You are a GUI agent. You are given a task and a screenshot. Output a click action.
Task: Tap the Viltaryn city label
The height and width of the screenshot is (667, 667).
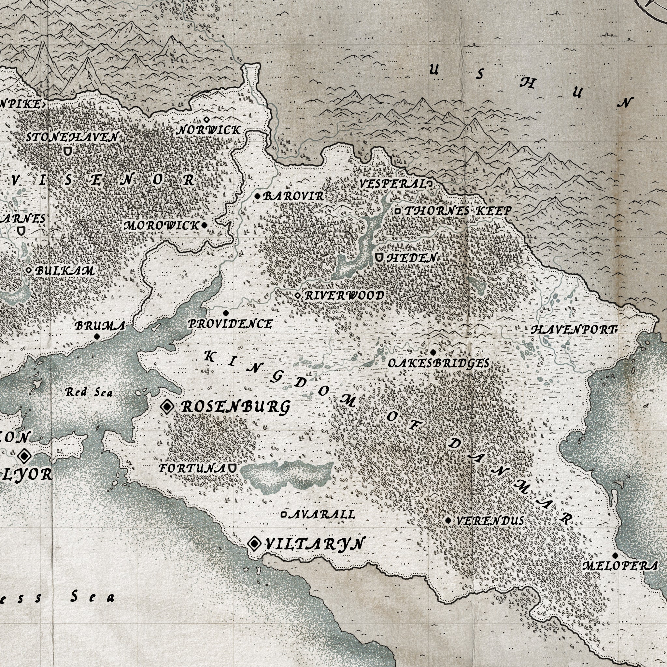(315, 544)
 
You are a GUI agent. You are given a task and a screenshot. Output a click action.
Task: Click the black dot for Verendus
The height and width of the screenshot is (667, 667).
(448, 520)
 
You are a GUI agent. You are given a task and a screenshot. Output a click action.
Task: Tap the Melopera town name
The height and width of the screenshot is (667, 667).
(620, 566)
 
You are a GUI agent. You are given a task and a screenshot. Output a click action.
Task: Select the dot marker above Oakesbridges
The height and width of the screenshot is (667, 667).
(433, 352)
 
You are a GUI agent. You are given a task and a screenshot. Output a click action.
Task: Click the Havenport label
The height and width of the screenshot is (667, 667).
(574, 330)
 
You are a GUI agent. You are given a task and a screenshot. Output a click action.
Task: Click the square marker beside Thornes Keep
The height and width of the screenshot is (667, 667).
(398, 210)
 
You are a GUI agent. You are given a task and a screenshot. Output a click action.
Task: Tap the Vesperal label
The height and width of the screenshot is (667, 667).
(392, 184)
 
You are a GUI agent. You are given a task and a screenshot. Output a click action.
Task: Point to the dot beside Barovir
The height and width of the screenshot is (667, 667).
(258, 196)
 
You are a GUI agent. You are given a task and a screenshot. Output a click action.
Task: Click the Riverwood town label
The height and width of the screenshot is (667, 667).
(344, 295)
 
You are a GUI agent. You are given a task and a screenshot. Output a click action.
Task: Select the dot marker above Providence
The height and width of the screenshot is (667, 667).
(226, 313)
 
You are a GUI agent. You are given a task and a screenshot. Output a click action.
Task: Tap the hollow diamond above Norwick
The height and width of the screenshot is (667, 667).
(206, 120)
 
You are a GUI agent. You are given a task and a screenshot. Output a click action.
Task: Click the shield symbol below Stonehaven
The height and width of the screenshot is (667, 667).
(68, 151)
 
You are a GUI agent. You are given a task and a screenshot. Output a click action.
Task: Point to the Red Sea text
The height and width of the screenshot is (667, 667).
(89, 392)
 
